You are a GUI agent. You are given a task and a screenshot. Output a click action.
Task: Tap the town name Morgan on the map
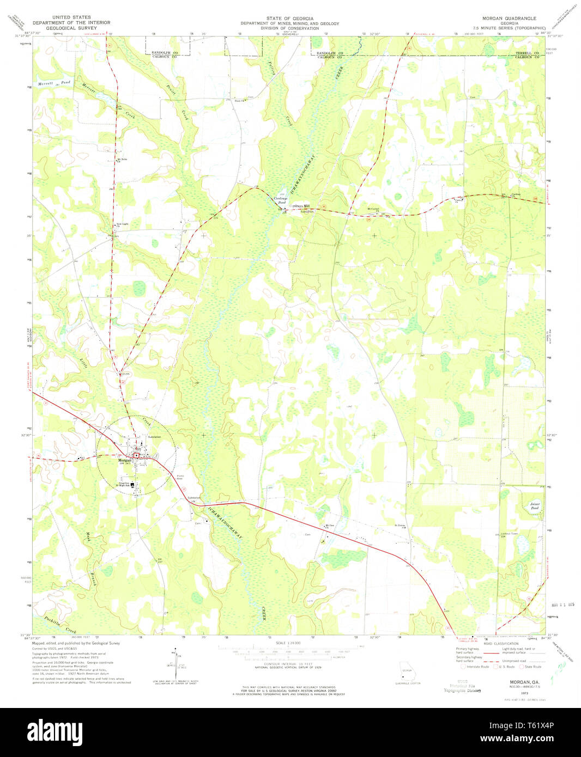click(125, 460)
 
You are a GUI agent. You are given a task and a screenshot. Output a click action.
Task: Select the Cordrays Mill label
click(299, 206)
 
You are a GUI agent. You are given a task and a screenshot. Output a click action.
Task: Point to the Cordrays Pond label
click(280, 200)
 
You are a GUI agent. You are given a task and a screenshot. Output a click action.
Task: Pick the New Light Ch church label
click(122, 225)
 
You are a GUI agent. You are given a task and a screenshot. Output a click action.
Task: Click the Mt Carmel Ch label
click(373, 209)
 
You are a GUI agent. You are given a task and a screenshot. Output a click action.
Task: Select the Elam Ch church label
click(238, 100)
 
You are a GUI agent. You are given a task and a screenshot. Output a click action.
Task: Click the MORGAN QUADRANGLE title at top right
click(505, 18)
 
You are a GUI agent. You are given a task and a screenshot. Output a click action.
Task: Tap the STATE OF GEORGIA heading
click(289, 18)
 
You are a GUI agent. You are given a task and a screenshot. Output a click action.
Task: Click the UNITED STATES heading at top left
click(71, 17)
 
